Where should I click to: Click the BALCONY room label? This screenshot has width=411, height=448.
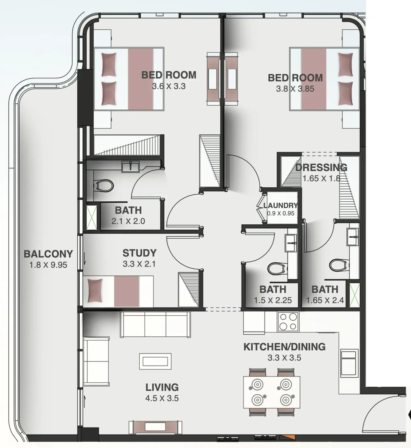48,254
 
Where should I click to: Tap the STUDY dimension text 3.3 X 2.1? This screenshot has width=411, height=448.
139,264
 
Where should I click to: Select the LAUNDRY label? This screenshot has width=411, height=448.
280,205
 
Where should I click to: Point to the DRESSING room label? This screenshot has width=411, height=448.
321,168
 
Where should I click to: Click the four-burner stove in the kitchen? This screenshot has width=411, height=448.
288,322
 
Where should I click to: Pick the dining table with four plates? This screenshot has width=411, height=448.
272,392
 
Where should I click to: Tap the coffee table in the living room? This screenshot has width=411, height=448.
155,361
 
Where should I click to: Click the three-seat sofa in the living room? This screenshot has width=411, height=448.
155,325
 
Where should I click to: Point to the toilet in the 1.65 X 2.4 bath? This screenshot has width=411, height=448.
339,265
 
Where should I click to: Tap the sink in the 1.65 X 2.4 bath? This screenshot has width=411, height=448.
353,237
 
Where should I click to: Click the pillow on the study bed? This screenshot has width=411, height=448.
95,291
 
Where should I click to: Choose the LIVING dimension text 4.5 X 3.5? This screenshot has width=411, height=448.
162,399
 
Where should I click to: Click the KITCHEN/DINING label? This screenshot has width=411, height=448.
284,347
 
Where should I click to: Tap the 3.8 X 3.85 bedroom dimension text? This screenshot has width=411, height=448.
295,89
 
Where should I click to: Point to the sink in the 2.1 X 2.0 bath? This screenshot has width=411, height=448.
131,167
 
